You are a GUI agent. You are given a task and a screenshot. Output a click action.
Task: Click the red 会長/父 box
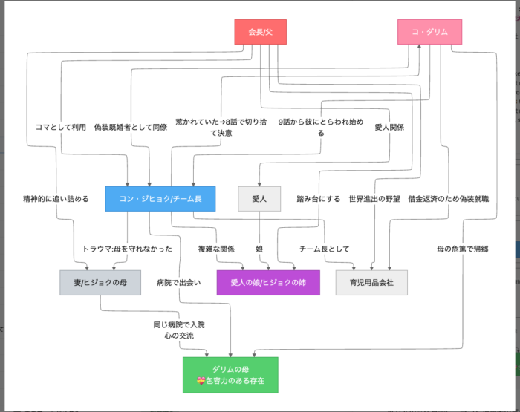coord(260,32)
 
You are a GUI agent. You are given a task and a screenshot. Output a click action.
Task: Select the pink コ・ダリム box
coord(430,32)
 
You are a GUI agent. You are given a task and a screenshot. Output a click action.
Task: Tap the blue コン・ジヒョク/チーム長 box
coord(160,199)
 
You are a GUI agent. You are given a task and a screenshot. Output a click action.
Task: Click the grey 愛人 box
coord(259,199)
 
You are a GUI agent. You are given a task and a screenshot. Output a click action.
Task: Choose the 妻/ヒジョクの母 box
coord(100,282)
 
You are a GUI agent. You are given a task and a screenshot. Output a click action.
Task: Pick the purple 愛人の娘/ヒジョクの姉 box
coord(268,282)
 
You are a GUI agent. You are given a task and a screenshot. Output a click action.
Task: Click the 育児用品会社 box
coord(371,282)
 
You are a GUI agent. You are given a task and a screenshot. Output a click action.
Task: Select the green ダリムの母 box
coord(230,375)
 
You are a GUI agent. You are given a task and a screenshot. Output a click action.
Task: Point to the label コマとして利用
coord(61,127)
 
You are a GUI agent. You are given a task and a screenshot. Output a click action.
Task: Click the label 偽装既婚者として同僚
coord(131,127)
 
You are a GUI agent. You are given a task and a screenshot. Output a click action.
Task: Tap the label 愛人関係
coord(389,127)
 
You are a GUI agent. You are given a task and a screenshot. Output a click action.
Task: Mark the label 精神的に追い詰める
coord(56,199)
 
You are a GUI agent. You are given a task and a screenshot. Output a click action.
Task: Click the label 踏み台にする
coord(319,199)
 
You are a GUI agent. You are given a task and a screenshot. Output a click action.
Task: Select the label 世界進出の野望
coord(374,199)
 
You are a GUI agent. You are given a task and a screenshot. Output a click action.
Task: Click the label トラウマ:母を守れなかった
coord(128,249)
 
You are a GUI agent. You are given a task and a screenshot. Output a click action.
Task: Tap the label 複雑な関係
coord(215,249)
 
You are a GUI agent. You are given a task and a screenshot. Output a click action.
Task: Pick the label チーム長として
coord(324,249)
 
